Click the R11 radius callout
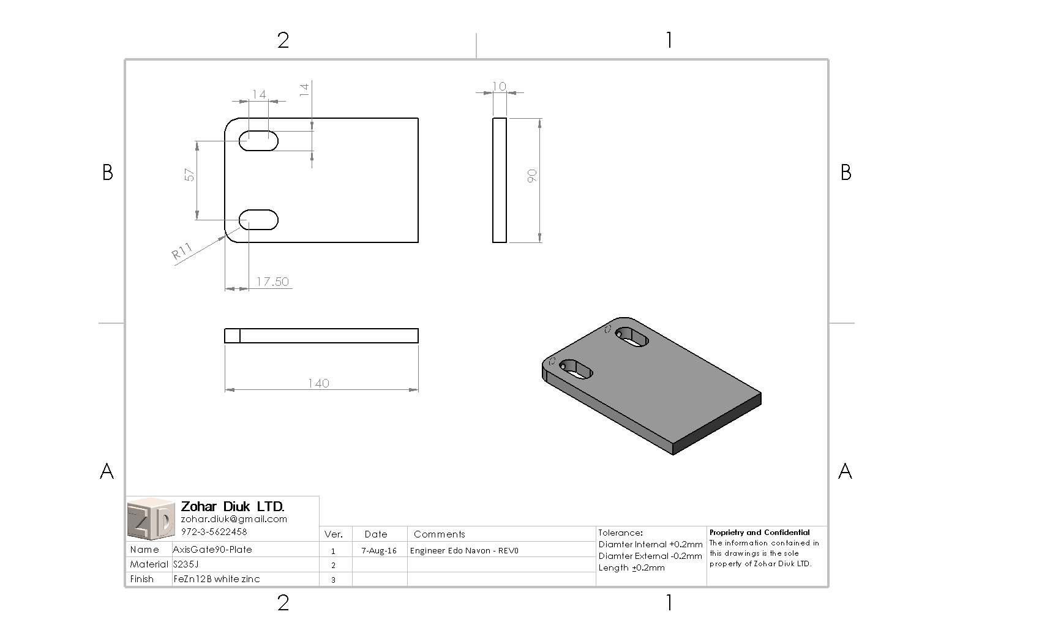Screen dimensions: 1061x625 182,252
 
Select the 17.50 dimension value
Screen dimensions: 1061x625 272,282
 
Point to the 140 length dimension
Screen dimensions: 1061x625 318,383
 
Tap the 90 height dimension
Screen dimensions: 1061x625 532,176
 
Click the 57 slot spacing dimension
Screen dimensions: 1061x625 190,175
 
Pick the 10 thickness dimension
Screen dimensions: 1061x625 500,86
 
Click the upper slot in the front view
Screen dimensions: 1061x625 258,141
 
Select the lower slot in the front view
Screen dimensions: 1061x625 258,220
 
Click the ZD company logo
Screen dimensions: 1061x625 151,518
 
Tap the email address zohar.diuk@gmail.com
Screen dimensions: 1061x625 234,519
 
